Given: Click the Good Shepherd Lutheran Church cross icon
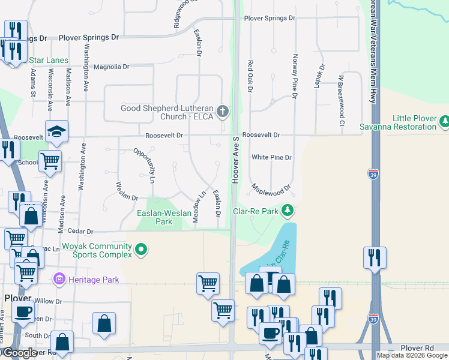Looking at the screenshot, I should [x=223, y=110].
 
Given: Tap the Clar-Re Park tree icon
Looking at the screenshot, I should [x=288, y=210].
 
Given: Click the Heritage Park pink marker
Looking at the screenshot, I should [x=59, y=279].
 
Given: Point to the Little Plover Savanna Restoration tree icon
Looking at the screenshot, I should [x=444, y=122].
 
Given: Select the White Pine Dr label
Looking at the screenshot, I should [x=271, y=158].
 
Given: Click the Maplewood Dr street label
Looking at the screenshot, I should [x=271, y=188].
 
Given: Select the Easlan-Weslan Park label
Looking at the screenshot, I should [x=155, y=217].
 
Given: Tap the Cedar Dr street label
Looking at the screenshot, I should [x=81, y=231].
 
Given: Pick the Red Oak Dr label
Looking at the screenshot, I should [x=250, y=76].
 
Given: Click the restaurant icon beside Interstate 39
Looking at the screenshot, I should [x=375, y=258].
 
